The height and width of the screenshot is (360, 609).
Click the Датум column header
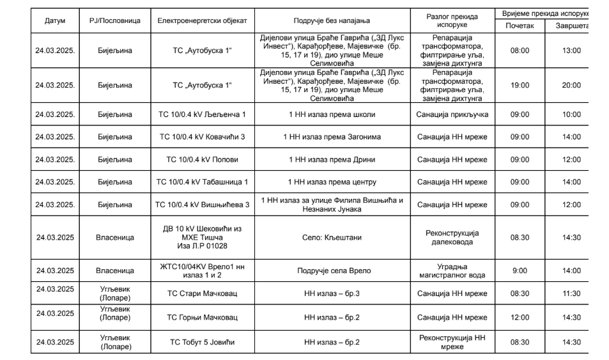click(55, 20)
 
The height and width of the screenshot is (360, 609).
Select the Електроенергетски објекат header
click(202, 20)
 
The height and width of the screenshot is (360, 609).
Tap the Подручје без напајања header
click(332, 20)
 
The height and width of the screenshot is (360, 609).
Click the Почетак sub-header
click(520, 25)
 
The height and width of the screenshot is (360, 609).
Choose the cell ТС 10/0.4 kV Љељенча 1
click(202, 114)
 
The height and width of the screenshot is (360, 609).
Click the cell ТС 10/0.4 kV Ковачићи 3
click(202, 137)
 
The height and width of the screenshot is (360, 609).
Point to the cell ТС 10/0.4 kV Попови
click(202, 159)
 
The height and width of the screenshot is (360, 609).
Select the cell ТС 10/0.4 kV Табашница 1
click(202, 182)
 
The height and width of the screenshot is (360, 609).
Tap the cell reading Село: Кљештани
click(332, 237)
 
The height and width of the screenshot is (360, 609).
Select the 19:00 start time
click(520, 85)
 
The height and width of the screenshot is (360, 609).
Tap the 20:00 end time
click(571, 85)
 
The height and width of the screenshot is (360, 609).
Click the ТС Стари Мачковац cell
click(202, 293)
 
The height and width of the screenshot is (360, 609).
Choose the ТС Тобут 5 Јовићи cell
click(202, 342)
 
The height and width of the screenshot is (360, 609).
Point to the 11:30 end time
click(571, 293)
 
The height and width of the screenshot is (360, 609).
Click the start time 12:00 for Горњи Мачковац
click(520, 317)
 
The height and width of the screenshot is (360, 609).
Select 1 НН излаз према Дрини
click(332, 159)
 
